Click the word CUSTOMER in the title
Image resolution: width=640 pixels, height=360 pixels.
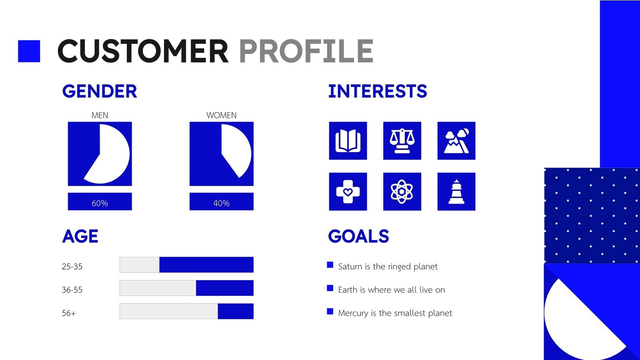click(143, 51)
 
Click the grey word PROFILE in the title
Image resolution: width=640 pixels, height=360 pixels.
click(306, 51)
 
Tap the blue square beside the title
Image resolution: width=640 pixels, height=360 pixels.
click(29, 51)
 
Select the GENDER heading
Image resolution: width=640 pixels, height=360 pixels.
click(100, 91)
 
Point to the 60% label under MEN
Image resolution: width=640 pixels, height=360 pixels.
click(100, 203)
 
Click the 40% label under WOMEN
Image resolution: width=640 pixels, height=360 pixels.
click(221, 203)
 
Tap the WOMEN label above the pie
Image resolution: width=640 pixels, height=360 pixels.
click(221, 115)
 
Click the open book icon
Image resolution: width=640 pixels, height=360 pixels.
click(348, 141)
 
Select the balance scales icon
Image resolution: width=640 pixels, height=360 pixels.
click(402, 141)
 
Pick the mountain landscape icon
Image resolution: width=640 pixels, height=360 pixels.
click(456, 141)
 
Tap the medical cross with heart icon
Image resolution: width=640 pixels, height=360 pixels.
click(348, 192)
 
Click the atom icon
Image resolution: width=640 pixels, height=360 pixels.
click(402, 192)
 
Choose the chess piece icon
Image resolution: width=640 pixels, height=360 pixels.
click(456, 192)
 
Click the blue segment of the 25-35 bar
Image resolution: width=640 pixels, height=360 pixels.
click(206, 265)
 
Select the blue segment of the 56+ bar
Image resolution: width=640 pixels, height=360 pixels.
click(236, 311)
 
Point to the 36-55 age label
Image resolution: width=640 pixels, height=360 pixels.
click(72, 290)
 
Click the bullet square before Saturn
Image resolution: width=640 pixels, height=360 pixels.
click(330, 265)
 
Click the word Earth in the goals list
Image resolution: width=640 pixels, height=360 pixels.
click(347, 290)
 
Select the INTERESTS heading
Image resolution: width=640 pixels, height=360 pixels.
click(378, 91)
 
